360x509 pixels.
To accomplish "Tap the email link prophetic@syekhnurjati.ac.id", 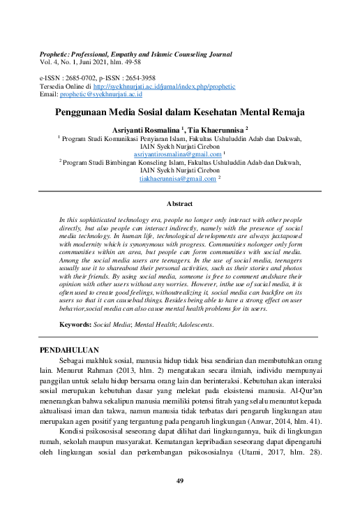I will pos(100,94).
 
